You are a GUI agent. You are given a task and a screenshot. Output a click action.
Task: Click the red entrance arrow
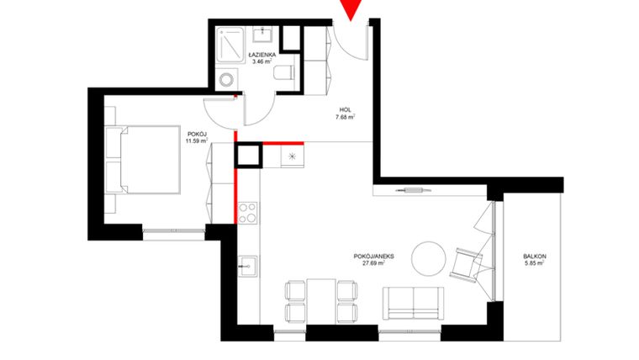tap(351, 9)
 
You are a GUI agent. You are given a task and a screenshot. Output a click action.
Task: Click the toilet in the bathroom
tap(283, 73)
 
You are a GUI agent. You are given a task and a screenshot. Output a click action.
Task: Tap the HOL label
tap(345, 109)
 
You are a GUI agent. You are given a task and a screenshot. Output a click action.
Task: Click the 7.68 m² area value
tap(345, 118)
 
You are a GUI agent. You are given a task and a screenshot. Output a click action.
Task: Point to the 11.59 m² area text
tap(196, 140)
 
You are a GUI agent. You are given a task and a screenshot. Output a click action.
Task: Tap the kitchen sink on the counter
tap(247, 268)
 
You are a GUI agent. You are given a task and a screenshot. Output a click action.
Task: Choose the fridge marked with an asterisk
tap(292, 156)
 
